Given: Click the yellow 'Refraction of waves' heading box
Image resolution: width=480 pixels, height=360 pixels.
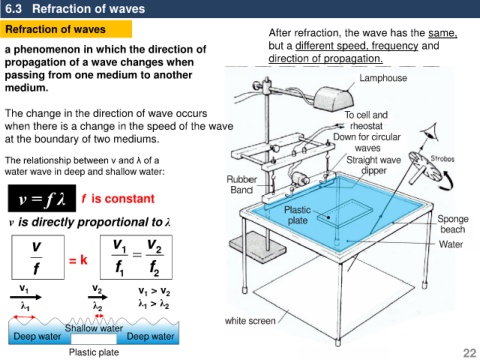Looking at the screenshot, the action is [x=66, y=29].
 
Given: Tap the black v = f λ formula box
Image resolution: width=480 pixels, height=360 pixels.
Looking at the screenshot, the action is [x=42, y=198].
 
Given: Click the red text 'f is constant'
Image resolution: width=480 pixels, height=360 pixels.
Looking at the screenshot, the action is [x=118, y=199].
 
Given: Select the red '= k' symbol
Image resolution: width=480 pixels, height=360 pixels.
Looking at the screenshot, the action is [x=78, y=260].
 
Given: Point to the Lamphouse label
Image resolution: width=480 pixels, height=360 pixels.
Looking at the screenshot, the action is [x=383, y=78].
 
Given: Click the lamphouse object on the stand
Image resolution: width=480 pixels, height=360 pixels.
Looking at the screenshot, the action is [x=333, y=98].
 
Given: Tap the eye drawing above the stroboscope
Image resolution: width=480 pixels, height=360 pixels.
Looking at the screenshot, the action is [x=430, y=132].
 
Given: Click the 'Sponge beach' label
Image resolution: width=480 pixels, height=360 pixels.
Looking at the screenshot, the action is [x=453, y=224].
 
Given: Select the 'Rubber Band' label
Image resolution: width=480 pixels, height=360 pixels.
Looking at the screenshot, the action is [x=242, y=184].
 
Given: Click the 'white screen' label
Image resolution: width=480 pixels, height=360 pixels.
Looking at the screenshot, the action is [x=250, y=321].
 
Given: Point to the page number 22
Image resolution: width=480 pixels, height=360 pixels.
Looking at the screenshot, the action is [x=470, y=353].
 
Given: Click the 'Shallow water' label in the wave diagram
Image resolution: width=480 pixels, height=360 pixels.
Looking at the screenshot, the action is [x=94, y=328].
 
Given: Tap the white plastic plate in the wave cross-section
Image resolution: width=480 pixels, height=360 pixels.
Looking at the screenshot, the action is [x=94, y=339].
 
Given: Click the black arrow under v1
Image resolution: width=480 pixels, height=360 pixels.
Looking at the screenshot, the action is [x=26, y=297].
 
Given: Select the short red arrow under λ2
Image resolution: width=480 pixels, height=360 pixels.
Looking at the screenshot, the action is [x=99, y=316].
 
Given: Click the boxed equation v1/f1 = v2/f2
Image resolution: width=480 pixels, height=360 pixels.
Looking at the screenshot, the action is [x=136, y=257].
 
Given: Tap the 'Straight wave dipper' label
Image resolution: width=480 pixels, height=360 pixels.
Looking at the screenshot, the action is [x=374, y=165].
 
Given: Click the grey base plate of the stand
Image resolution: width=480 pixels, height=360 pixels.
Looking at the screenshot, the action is [x=258, y=247].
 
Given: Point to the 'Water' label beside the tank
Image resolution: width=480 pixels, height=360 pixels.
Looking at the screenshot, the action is [x=451, y=244].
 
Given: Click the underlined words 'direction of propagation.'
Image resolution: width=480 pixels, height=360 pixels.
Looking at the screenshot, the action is [x=326, y=58].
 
